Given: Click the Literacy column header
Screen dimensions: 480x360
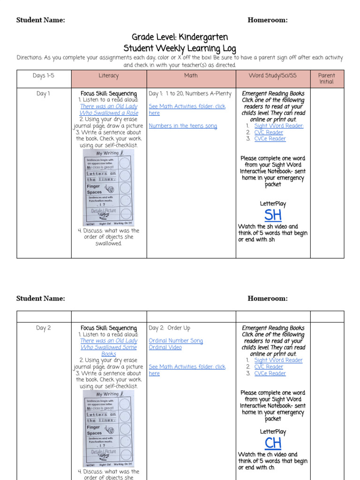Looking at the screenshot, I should click(109, 75).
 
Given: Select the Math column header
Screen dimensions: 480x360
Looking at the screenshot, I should click(191, 75).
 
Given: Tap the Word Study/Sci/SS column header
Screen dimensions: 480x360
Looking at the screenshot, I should click(272, 75).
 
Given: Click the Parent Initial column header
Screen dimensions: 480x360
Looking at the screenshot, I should click(327, 78).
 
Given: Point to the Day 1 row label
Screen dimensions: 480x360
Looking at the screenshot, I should click(43, 94).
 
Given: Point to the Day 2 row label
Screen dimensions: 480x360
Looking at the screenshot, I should click(43, 328).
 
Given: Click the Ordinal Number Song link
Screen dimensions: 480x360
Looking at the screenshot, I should click(176, 341).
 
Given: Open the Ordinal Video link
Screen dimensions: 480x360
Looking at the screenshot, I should click(165, 347).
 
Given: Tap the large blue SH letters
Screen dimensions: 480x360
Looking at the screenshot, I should click(273, 215).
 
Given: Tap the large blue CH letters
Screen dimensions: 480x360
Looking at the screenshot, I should click(273, 443).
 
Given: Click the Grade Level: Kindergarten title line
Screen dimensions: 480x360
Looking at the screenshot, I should click(180, 37).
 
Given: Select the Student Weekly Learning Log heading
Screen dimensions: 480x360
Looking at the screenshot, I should click(180, 48).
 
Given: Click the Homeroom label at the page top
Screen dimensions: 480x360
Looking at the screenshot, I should click(267, 20).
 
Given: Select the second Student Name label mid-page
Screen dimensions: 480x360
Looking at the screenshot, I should click(40, 299).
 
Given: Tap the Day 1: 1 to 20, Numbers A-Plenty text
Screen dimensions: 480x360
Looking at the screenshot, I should click(190, 94).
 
